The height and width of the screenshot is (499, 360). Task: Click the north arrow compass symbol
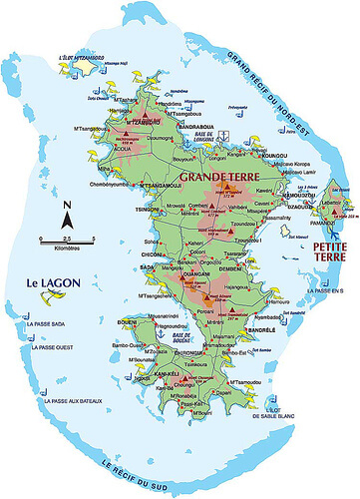tap(66, 214)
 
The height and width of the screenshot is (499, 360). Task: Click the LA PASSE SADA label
tap(50, 323)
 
